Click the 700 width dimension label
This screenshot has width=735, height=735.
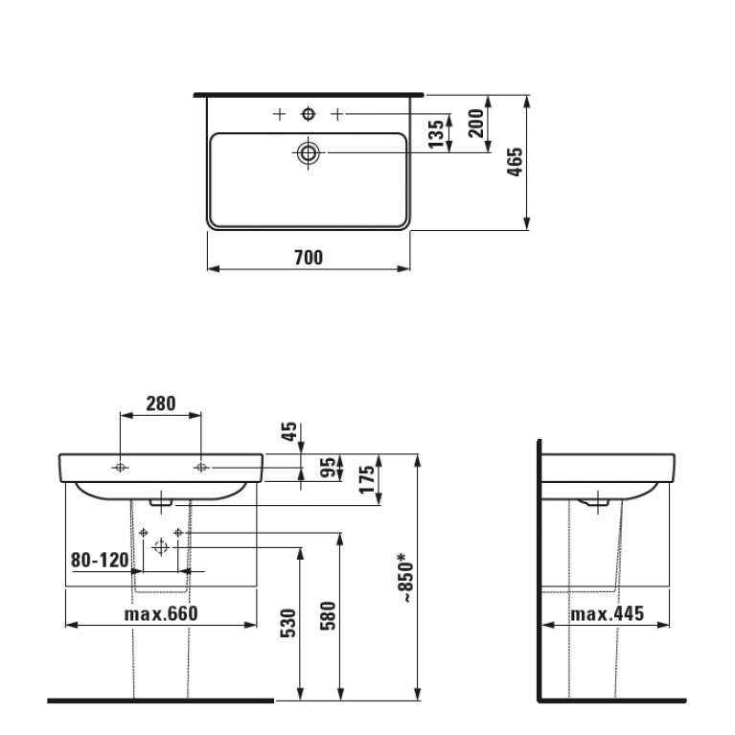point(309,258)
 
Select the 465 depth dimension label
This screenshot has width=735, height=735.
point(515,162)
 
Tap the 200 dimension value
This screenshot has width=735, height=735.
point(475,123)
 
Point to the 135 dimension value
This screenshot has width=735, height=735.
point(436,133)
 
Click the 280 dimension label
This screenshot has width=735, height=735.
point(161,403)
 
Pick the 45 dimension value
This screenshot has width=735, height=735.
point(289,431)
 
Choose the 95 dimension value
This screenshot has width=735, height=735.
point(329,467)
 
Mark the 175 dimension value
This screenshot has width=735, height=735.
point(367,479)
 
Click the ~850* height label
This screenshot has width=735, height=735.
point(405,578)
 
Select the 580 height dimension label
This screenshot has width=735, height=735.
point(328,615)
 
